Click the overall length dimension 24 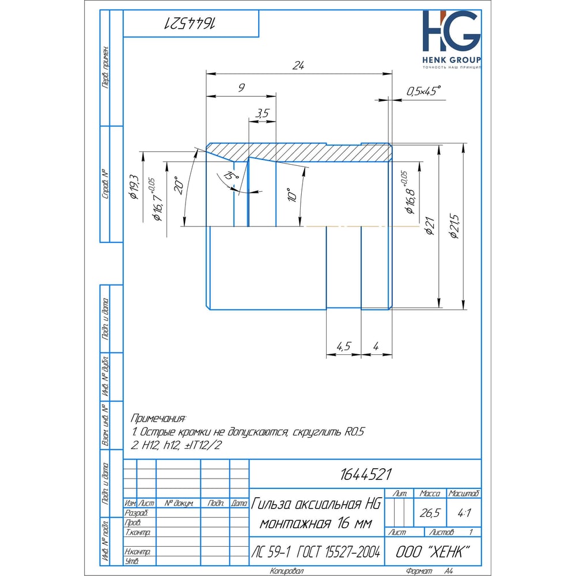(x=297, y=66)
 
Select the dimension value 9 (x=241, y=88)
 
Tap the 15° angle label (x=232, y=176)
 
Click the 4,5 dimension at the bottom (x=344, y=346)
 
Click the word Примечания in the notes (x=159, y=418)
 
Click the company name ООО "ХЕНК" (x=431, y=552)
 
